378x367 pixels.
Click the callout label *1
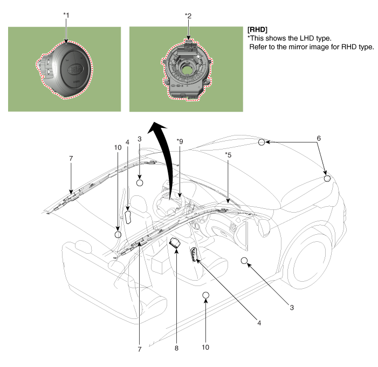pyautogui.click(x=66, y=16)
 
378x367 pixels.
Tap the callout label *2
pyautogui.click(x=188, y=16)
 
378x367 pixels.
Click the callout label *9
pyautogui.click(x=180, y=141)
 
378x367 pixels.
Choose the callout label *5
pyautogui.click(x=229, y=155)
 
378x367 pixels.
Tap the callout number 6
pyautogui.click(x=319, y=138)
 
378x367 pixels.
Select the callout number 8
pyautogui.click(x=176, y=348)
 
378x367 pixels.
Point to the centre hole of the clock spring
pyautogui.click(x=188, y=69)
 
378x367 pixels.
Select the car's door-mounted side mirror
pyautogui.click(x=265, y=226)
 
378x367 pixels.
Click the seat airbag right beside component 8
pyautogui.click(x=194, y=254)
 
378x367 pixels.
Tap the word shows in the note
pyautogui.click(x=274, y=38)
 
